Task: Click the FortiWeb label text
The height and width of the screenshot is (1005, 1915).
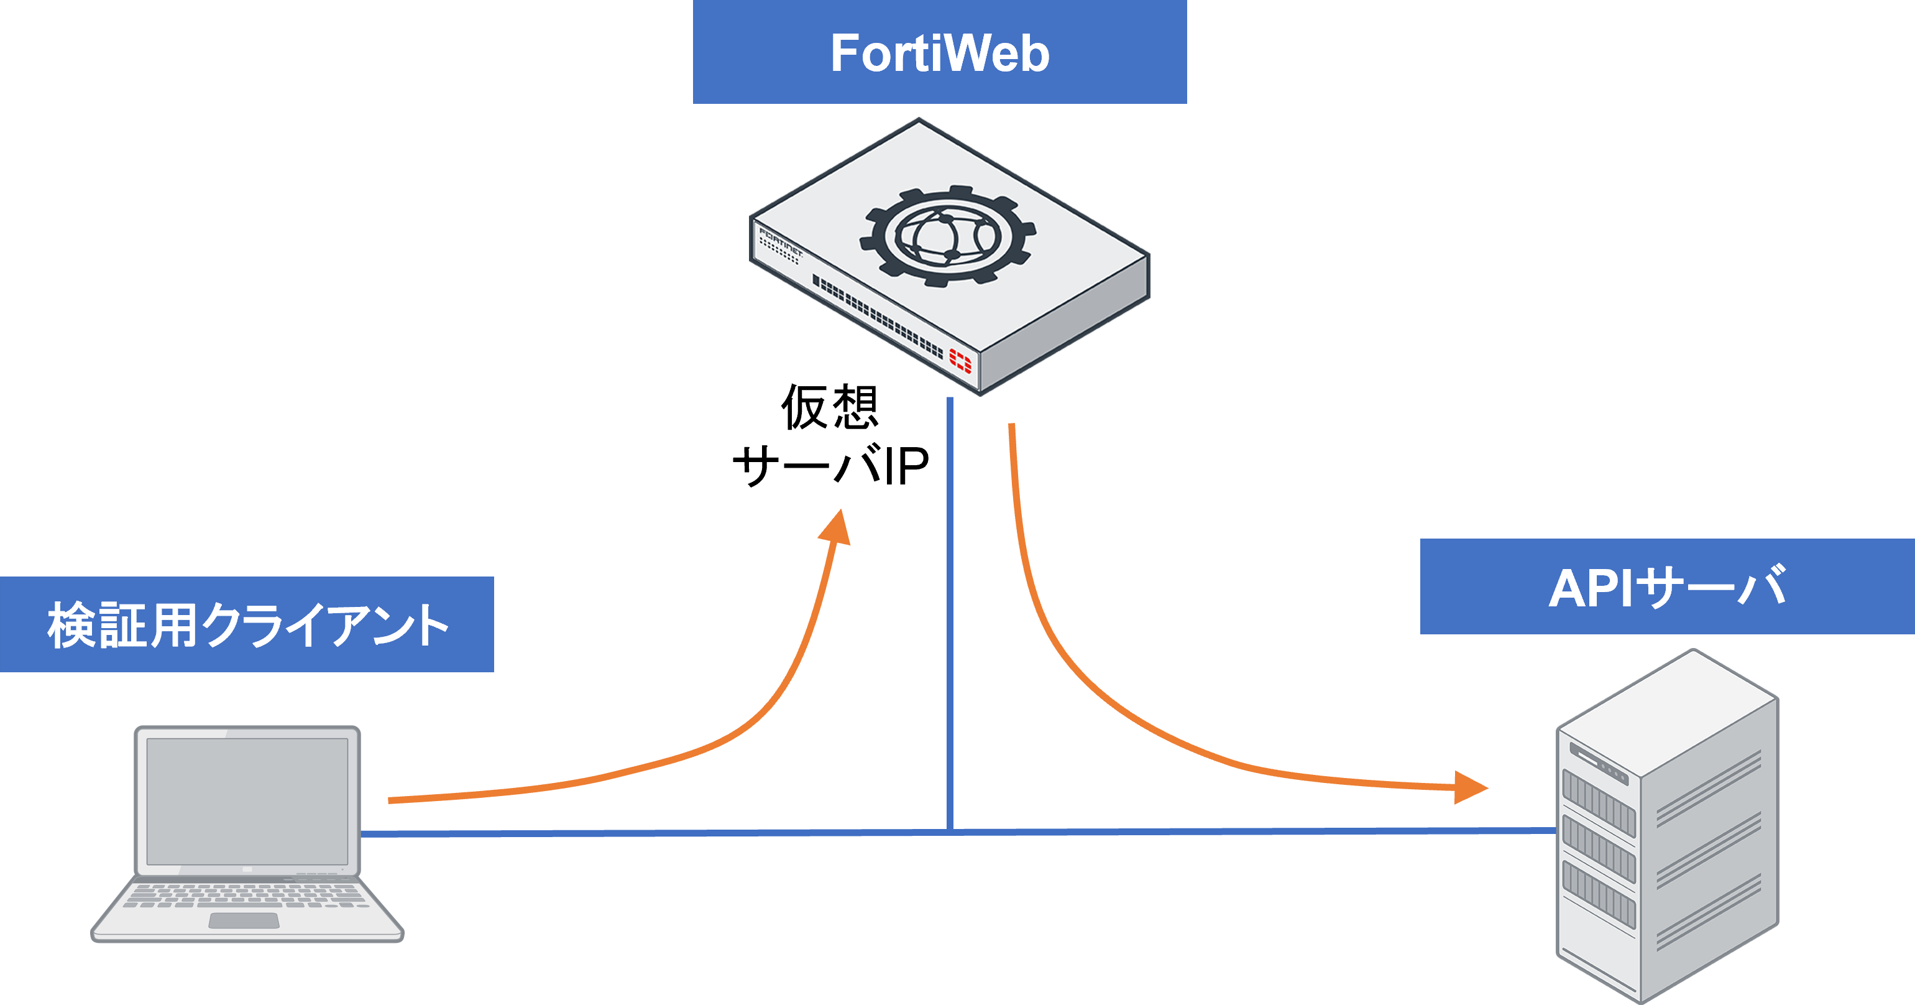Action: coord(940,53)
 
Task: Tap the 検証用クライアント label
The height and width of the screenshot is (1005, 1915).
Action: coord(247,625)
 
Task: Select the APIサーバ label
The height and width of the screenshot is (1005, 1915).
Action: coord(1667,588)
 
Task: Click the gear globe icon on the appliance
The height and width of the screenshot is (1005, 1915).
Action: coord(948,236)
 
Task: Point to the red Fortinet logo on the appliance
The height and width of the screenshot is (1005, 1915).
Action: coord(960,361)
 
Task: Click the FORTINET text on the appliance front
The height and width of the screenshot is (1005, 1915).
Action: coord(781,243)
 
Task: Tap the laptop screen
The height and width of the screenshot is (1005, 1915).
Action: coord(247,801)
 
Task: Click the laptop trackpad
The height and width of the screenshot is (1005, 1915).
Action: coord(244,921)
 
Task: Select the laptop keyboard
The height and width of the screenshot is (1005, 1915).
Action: coord(246,895)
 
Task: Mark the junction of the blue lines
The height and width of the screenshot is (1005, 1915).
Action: coord(950,830)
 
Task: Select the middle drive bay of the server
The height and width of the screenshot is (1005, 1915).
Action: coord(1598,849)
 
